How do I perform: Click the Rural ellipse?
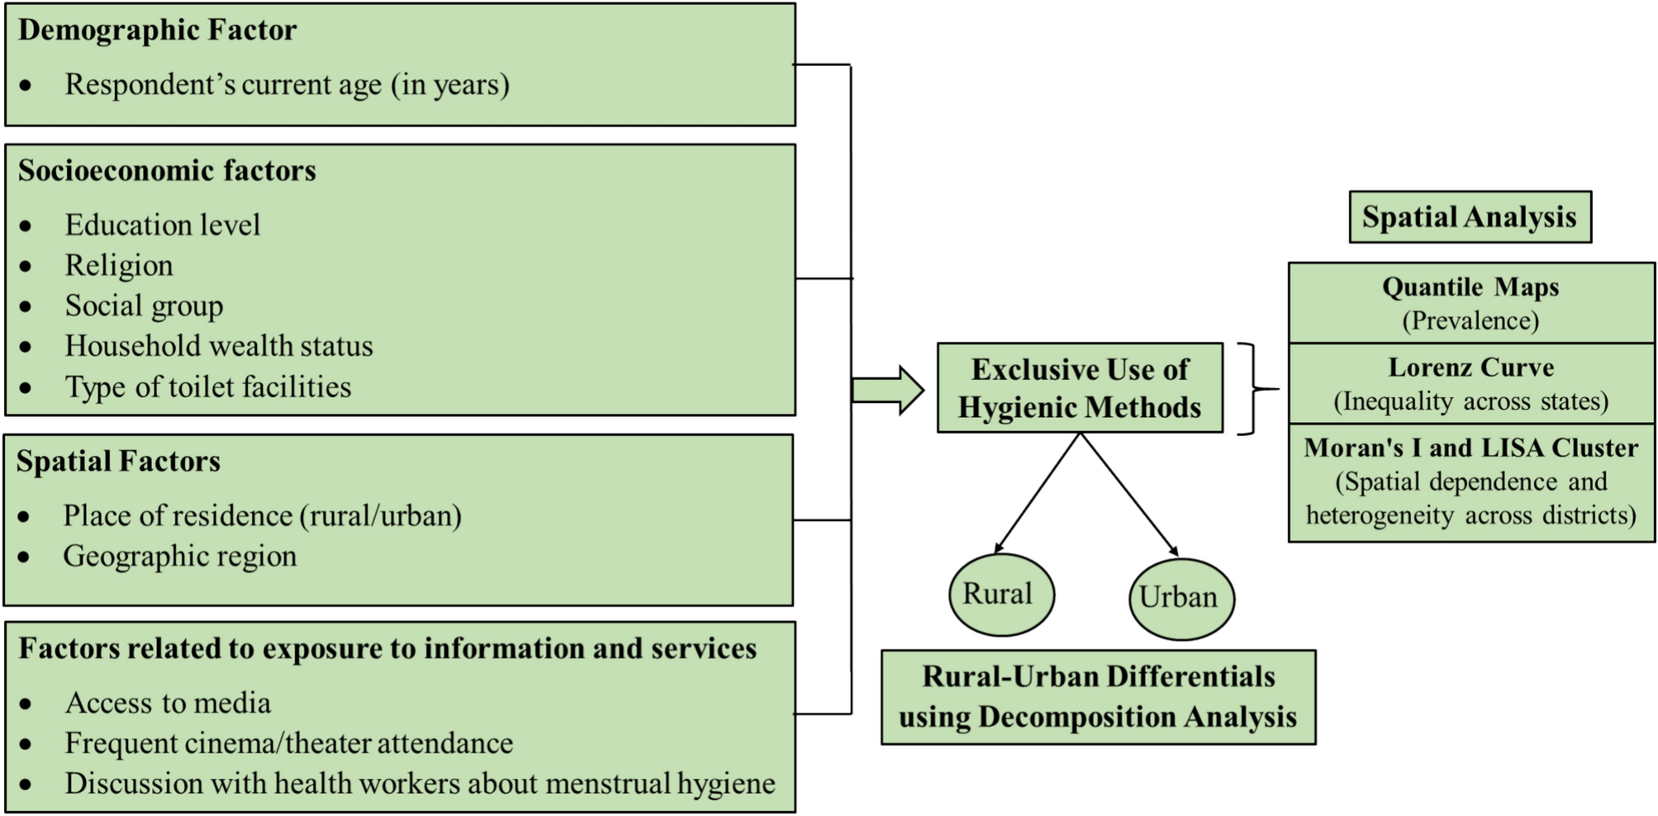1000,595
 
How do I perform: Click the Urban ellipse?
1181,598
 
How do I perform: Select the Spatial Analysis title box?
1469,217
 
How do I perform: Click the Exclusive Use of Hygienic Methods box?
1079,388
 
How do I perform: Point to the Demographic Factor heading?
157,31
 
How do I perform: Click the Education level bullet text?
162,225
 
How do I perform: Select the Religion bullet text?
119,266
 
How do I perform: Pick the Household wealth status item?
218,346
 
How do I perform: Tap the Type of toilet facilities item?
207,387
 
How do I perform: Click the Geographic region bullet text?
179,557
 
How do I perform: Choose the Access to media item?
168,703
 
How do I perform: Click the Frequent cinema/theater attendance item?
288,743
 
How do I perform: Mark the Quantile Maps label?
1470,287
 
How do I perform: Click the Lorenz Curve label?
1470,368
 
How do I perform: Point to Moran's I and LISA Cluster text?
1470,448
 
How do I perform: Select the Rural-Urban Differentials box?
1097,697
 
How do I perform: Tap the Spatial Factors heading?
118,462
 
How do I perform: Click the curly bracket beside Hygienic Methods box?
1254,388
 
